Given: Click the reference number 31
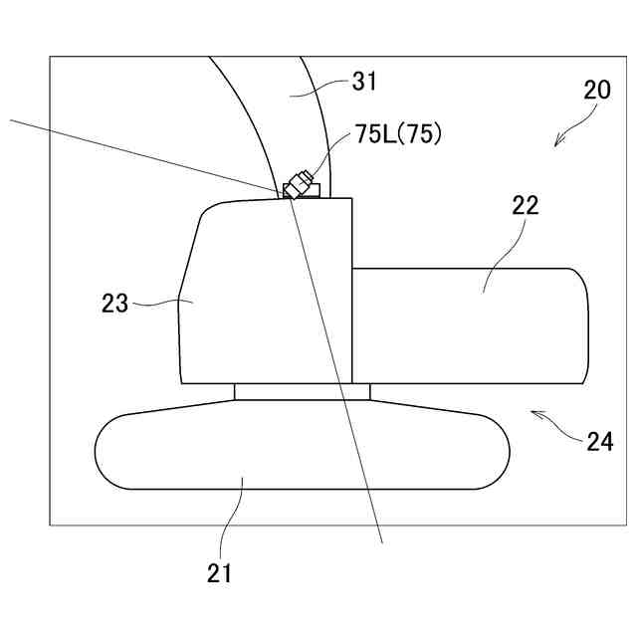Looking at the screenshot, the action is point(364,81).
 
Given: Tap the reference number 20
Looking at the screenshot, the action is point(597,90).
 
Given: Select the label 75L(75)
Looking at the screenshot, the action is point(398,136).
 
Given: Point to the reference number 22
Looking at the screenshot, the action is point(525,206).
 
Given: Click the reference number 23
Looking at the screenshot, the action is point(115,303).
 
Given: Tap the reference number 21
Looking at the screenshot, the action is point(219,572).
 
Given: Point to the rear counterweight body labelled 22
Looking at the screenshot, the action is point(468,328).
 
